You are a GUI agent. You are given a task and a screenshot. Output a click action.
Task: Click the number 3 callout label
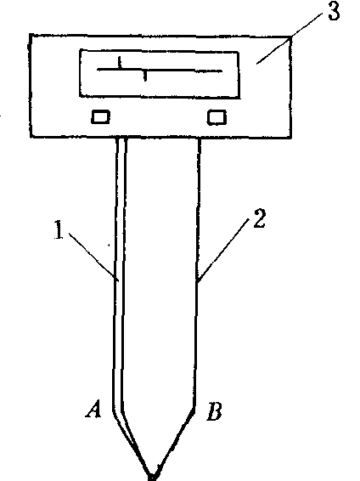tap(334, 12)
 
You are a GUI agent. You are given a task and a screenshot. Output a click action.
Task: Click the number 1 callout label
tap(59, 229)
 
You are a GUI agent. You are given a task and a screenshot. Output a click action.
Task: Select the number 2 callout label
tap(259, 218)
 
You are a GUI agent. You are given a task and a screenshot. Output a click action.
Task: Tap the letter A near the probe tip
tap(93, 409)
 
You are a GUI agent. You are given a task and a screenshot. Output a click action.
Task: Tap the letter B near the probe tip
tap(214, 411)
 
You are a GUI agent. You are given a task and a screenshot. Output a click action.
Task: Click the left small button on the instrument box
tap(100, 117)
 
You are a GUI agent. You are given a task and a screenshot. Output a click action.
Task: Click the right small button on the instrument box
tap(217, 117)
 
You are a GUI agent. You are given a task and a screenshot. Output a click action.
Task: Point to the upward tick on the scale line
tap(120, 62)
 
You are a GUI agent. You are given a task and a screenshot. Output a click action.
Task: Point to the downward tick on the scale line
tap(145, 76)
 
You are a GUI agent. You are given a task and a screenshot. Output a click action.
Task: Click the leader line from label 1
tap(93, 257)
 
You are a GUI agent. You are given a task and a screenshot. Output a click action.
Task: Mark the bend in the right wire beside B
tap(194, 407)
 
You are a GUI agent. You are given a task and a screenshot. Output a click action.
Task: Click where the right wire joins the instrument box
tap(200, 138)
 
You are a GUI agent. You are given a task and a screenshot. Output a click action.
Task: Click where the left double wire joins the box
tap(121, 138)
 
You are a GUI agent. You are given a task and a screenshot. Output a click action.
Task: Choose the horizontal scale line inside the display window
tap(160, 71)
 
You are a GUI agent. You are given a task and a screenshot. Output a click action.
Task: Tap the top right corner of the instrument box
tap(290, 37)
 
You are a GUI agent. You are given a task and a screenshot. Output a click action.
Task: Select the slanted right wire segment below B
tap(175, 442)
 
